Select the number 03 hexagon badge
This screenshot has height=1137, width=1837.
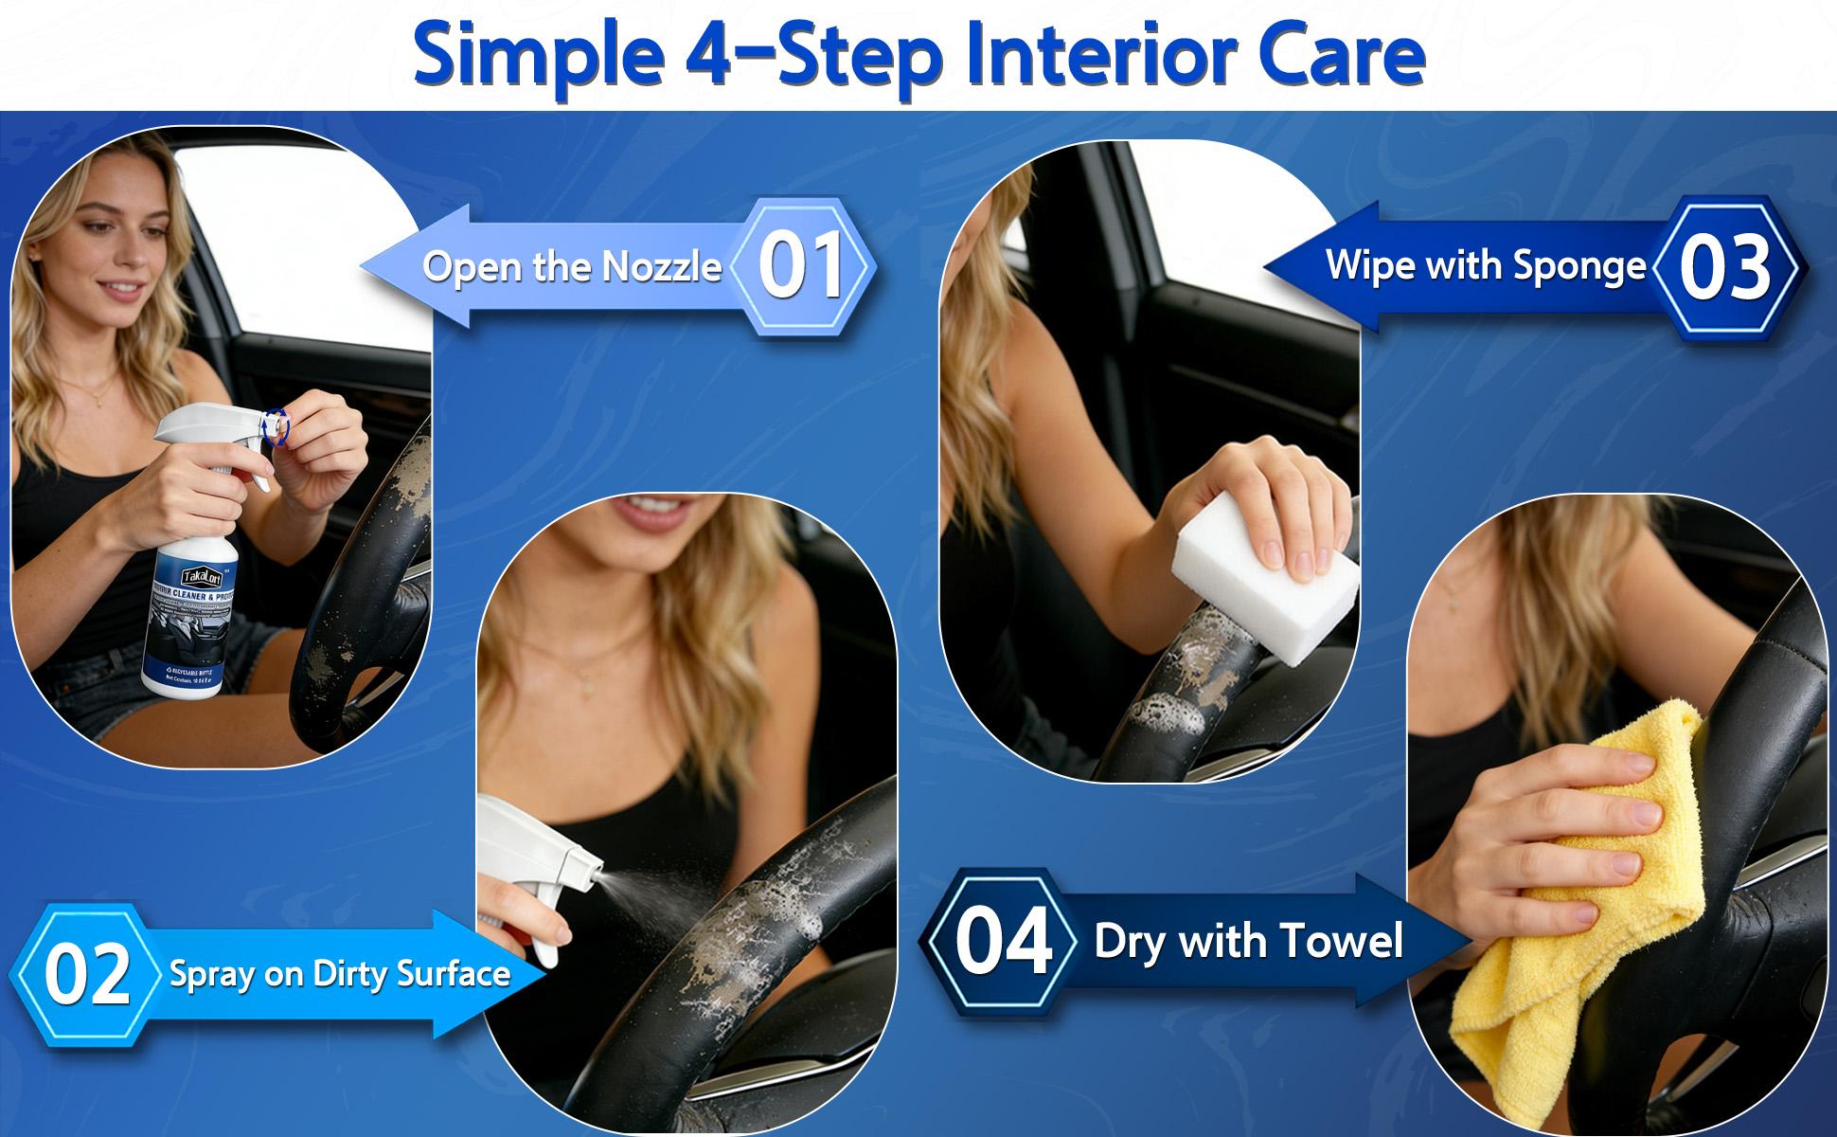[1724, 268]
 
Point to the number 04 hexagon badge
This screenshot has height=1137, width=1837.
[1004, 941]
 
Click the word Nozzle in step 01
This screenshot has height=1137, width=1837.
[662, 267]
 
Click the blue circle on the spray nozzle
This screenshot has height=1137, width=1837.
[276, 425]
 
